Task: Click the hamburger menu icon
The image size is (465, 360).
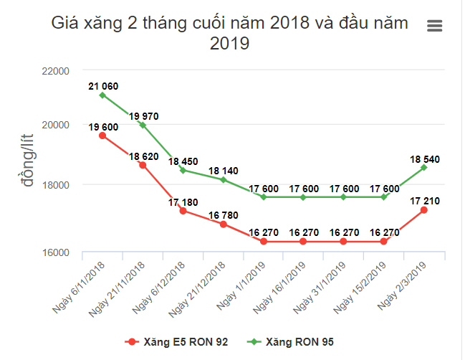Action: pyautogui.click(x=434, y=26)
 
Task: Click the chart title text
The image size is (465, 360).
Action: pyautogui.click(x=229, y=33)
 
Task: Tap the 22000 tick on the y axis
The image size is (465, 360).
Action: pyautogui.click(x=54, y=71)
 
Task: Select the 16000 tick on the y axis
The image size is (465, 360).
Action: pyautogui.click(x=54, y=252)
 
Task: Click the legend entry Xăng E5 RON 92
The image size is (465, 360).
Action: pyautogui.click(x=177, y=341)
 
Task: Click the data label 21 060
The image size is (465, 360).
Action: pyautogui.click(x=103, y=86)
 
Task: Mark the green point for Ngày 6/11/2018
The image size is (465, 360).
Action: pyautogui.click(x=102, y=95)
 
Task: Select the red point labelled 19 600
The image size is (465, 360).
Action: pyautogui.click(x=102, y=136)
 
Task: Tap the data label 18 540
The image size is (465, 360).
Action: pyautogui.click(x=425, y=158)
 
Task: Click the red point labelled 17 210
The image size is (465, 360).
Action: pyautogui.click(x=424, y=209)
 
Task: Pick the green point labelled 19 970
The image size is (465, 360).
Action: pyautogui.click(x=143, y=125)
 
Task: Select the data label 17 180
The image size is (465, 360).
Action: pyautogui.click(x=183, y=202)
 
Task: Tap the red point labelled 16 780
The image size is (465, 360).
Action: pyautogui.click(x=224, y=224)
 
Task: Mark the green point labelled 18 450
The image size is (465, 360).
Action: pyautogui.click(x=183, y=170)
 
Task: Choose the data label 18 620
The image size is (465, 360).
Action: pyautogui.click(x=143, y=156)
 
